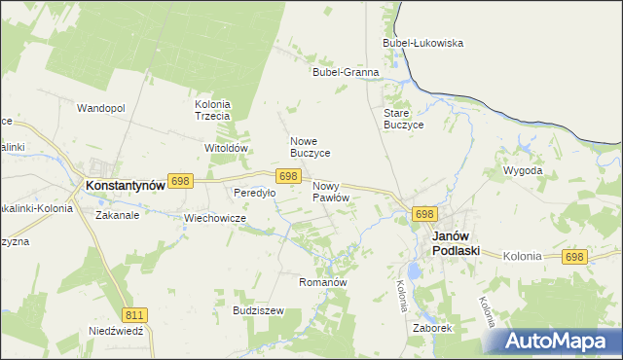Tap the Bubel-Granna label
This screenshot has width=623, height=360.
[345, 72]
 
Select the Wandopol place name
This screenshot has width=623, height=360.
[101, 108]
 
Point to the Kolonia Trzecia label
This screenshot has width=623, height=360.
[212, 110]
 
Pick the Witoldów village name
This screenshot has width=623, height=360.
[227, 148]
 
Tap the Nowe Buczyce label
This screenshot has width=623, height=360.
[311, 147]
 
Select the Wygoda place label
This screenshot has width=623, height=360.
[522, 170]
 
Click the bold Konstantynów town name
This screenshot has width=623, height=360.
[125, 183]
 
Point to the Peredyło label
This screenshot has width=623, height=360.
[254, 193]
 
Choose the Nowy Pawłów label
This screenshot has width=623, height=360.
[331, 191]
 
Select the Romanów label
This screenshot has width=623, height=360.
[322, 281]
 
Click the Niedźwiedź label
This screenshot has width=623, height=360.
[116, 330]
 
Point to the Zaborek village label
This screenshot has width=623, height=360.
[431, 328]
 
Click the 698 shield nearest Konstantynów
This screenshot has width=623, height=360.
[180, 181]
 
